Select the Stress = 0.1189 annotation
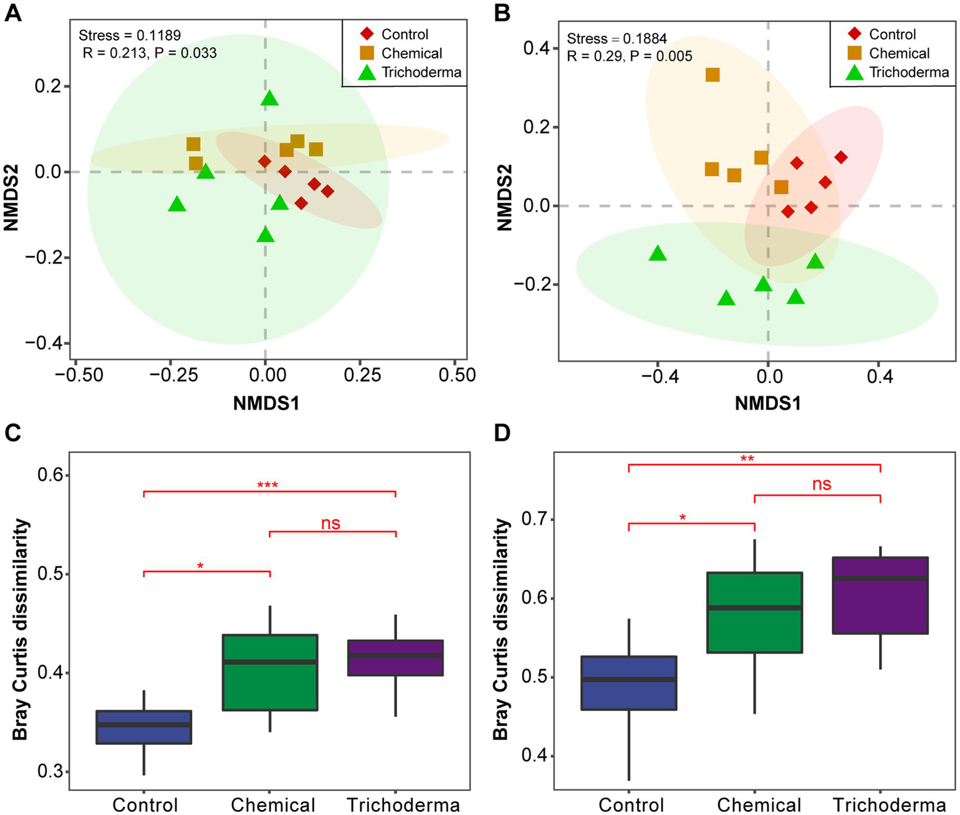tap(129, 36)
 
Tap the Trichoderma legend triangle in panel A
tap(367, 73)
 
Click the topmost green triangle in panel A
tap(269, 98)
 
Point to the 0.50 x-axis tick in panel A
tap(457, 375)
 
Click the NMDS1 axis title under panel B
tap(767, 403)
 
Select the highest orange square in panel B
tap(712, 75)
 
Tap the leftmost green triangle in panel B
tap(657, 254)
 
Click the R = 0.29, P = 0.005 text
tap(629, 56)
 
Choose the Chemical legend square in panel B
tap(855, 53)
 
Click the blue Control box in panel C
tap(144, 727)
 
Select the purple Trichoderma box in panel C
tap(395, 657)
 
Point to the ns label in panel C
tap(331, 523)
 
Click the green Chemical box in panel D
tap(754, 612)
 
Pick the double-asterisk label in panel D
tap(747, 459)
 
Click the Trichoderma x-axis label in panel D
tap(889, 805)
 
